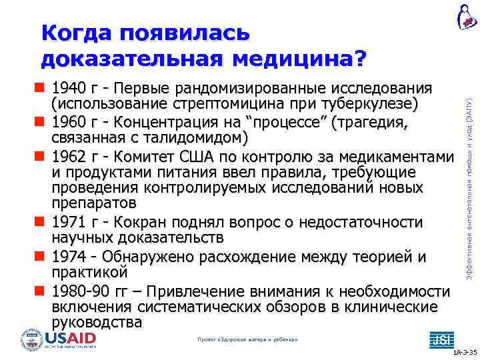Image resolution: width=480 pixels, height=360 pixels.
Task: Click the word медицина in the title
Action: click(x=299, y=59)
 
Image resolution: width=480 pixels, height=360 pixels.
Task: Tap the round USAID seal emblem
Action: click(x=31, y=340)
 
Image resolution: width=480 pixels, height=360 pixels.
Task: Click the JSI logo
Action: click(x=439, y=339)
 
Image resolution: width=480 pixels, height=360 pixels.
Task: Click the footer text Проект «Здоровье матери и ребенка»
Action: click(x=247, y=339)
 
